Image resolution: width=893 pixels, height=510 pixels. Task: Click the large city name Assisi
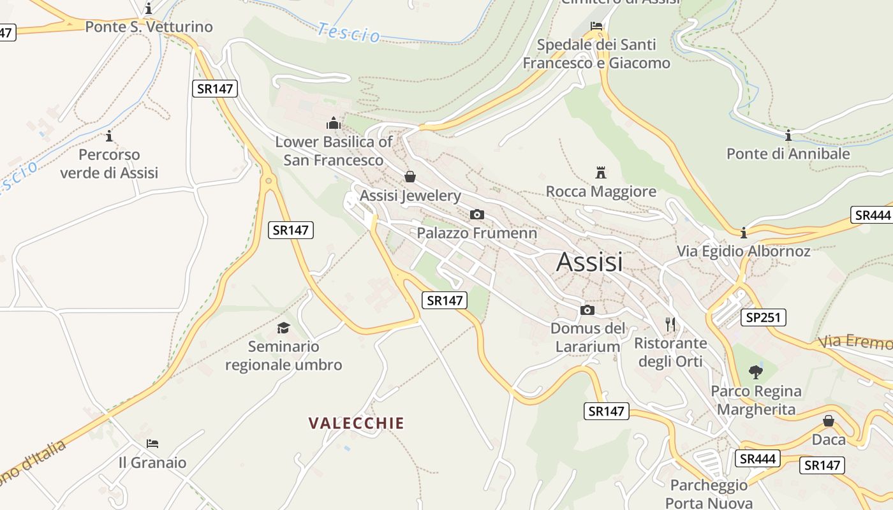(x=589, y=262)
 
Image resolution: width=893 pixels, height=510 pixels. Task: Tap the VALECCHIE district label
(x=357, y=423)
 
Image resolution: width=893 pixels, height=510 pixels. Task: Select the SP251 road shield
(x=763, y=317)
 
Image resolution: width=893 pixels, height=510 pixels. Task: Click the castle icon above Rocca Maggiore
(x=600, y=172)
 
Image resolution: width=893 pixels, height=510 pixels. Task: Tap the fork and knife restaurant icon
(x=670, y=324)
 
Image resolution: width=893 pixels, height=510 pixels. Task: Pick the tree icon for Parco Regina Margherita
(x=756, y=372)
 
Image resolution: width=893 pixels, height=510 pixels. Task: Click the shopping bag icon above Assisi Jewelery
(x=410, y=176)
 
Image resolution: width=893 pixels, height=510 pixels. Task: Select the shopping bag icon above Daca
(x=828, y=421)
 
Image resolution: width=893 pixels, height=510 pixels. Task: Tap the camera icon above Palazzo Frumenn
(x=476, y=214)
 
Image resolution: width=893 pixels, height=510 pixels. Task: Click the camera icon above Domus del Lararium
(x=587, y=310)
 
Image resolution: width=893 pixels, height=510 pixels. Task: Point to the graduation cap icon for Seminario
(x=283, y=328)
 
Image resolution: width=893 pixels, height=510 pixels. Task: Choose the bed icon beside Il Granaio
(x=152, y=444)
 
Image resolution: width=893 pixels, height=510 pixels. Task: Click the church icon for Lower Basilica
(x=333, y=122)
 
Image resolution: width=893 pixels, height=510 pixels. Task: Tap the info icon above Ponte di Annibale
(x=788, y=135)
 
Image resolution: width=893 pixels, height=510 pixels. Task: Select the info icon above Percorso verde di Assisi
(x=109, y=136)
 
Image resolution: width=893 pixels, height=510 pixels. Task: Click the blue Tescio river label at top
(x=349, y=32)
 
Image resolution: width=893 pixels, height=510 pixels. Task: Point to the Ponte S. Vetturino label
(x=149, y=27)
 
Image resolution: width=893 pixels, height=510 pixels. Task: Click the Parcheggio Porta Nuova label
(x=709, y=494)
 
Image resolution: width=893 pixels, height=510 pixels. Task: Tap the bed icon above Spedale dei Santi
(x=596, y=26)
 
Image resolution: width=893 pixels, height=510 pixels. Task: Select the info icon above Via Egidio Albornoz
(x=744, y=233)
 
